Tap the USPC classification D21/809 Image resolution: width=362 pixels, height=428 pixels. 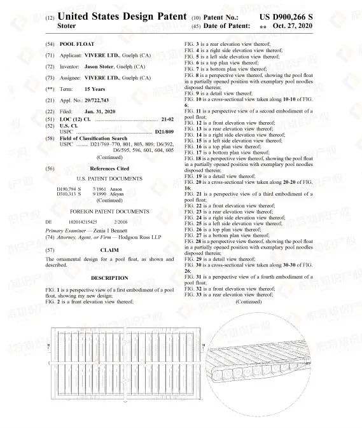pyautogui.click(x=164, y=130)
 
